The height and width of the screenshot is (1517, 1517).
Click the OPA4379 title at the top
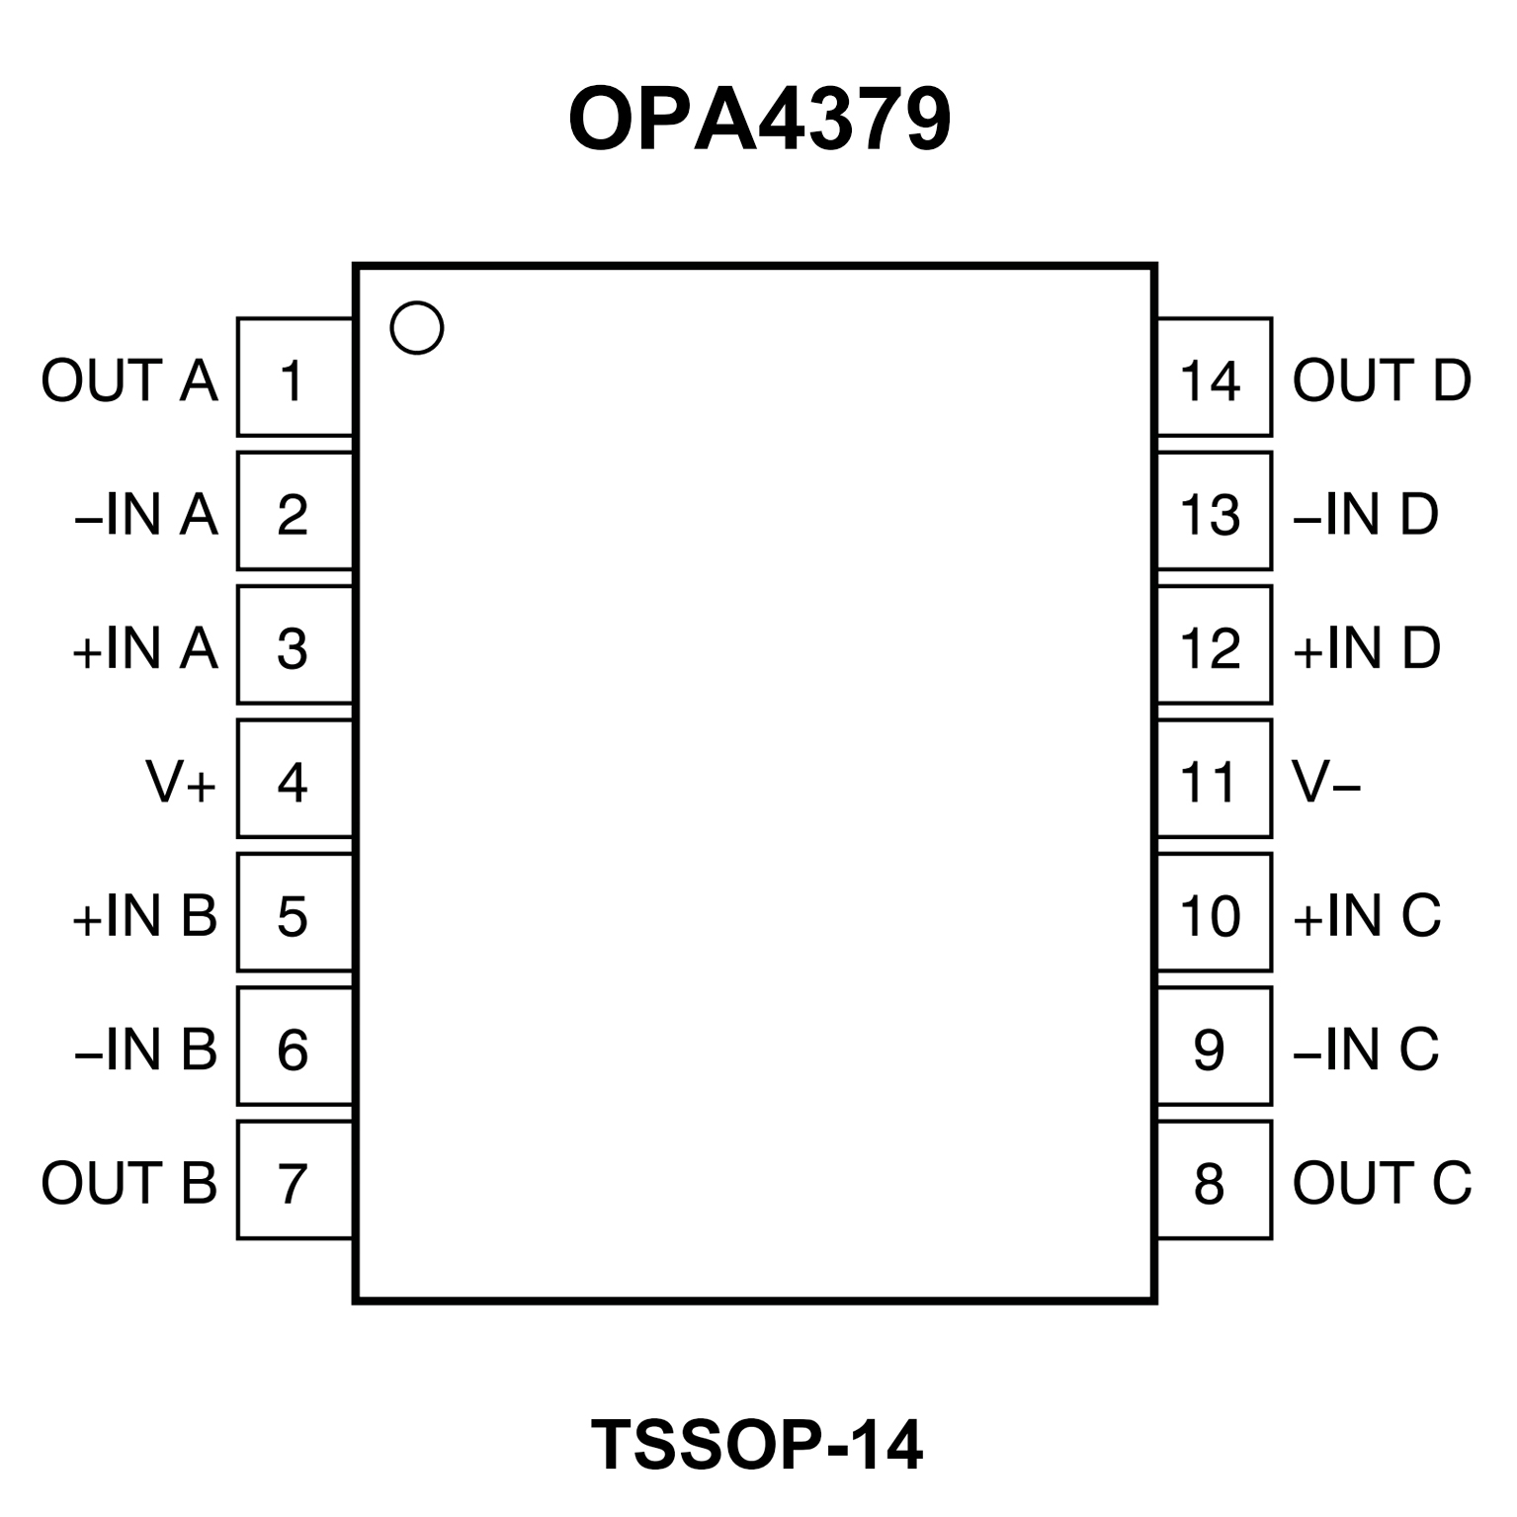tap(759, 119)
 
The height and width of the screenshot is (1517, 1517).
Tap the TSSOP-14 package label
tap(757, 1444)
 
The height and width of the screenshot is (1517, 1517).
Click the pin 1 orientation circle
tap(416, 328)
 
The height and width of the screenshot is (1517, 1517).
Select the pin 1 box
tap(295, 378)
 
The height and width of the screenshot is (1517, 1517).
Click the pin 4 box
tap(295, 780)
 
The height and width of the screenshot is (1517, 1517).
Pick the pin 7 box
tap(295, 1180)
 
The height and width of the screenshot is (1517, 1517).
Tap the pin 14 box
tap(1214, 378)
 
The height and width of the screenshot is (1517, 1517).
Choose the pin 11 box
tap(1214, 780)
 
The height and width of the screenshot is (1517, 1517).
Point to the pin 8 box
tap(1214, 1180)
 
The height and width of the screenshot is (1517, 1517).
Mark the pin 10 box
tap(1214, 913)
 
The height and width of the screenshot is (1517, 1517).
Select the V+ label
tap(181, 782)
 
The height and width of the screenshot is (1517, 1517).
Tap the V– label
tap(1326, 782)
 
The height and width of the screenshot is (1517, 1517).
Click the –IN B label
tap(146, 1049)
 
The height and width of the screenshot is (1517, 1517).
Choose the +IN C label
tap(1367, 915)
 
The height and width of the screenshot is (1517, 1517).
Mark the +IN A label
tap(145, 648)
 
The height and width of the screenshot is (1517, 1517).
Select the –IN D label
tap(1366, 514)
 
